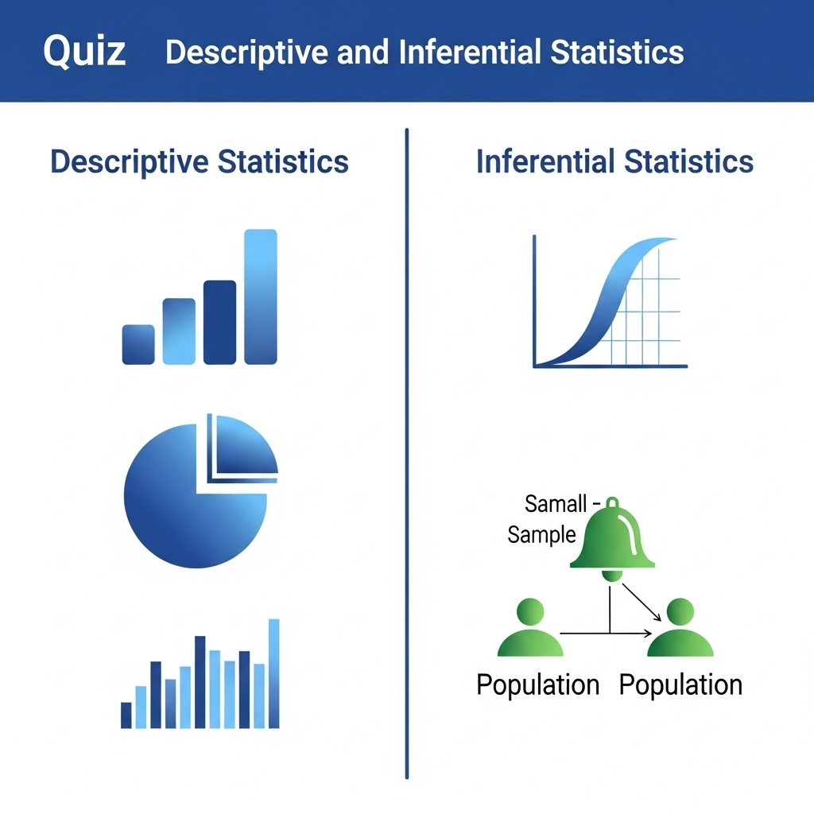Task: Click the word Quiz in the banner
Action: [84, 52]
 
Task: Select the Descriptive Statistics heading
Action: [200, 161]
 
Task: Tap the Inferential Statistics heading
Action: [614, 161]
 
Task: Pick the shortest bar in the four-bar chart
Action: [138, 344]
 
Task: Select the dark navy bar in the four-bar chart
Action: [219, 322]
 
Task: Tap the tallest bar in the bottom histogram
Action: [274, 673]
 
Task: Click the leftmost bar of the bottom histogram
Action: [126, 715]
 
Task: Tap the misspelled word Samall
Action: [556, 503]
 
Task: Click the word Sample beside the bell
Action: [541, 534]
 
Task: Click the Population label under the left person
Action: [537, 684]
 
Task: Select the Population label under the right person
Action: [680, 684]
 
